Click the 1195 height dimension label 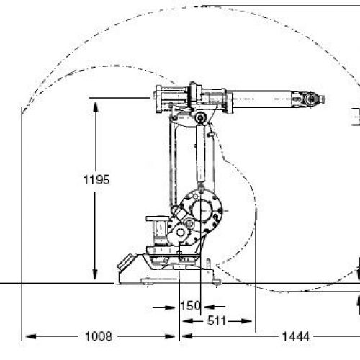tap(96, 179)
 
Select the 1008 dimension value tap(99, 336)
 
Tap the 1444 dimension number tap(296, 336)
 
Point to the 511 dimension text tap(217, 320)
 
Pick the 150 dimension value tap(190, 306)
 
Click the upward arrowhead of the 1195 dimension tap(96, 107)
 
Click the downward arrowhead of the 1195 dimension tap(95, 274)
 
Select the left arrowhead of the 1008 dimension tap(31, 336)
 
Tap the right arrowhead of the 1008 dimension tap(170, 336)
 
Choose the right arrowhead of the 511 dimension tap(246, 321)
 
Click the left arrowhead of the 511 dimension tap(188, 321)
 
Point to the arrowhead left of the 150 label tap(170, 307)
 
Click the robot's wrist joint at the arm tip tap(310, 99)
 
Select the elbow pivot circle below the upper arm tap(201, 117)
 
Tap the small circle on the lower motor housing tap(180, 232)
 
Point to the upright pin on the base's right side tap(209, 264)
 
